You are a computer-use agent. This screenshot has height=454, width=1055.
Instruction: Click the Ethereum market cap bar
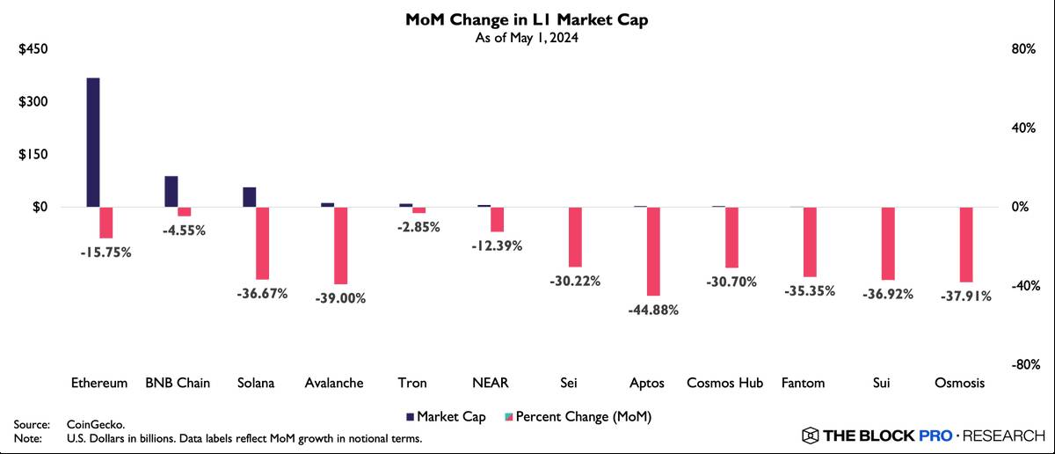pos(92,143)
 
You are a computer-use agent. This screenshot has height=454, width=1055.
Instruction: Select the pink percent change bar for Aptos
pos(652,251)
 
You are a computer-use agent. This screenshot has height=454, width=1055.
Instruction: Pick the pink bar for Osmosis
pos(966,245)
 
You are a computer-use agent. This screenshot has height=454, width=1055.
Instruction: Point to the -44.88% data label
pos(653,311)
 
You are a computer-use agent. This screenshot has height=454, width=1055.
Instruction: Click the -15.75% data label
pos(105,253)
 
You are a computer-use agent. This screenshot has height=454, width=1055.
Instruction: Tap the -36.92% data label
pos(887,294)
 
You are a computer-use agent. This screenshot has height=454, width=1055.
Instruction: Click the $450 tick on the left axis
pos(33,49)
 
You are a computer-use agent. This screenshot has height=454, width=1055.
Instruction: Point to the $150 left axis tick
pos(33,154)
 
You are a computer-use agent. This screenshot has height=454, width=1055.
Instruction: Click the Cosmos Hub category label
pos(724,384)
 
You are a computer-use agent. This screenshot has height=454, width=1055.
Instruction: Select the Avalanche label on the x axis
pos(334,384)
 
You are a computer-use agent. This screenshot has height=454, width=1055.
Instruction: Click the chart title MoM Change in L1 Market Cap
pos(528,19)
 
